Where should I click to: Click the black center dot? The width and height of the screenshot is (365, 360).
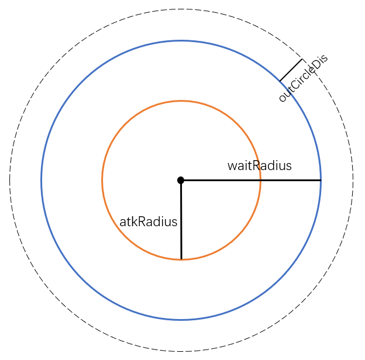click(x=181, y=180)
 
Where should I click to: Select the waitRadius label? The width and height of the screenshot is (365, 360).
click(x=259, y=166)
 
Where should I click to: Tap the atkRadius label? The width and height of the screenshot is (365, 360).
click(x=148, y=222)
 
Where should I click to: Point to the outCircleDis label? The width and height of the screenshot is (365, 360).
click(x=303, y=78)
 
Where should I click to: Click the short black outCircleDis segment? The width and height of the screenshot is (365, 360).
click(x=291, y=70)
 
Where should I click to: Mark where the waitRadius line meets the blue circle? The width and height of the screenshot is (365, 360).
click(x=321, y=180)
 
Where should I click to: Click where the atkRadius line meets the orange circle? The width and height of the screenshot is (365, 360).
click(x=181, y=259)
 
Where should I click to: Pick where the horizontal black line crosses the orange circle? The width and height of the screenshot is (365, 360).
click(x=260, y=180)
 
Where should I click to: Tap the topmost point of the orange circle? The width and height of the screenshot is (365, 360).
click(x=181, y=101)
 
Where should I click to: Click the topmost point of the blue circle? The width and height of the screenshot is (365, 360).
click(x=181, y=40)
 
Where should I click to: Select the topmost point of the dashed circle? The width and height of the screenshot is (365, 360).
click(x=181, y=9)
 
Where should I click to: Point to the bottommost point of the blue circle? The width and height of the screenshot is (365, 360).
click(x=181, y=320)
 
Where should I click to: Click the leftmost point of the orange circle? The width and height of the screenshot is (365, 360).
click(x=102, y=180)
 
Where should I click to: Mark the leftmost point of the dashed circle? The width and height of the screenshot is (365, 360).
click(x=10, y=180)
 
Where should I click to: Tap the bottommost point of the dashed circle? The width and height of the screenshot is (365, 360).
click(x=181, y=351)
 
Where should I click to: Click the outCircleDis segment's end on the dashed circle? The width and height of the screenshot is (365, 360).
click(x=302, y=59)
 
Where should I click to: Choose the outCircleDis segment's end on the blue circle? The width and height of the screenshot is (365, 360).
click(x=280, y=81)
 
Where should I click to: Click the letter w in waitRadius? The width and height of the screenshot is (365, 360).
click(x=232, y=166)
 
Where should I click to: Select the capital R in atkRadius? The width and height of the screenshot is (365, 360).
click(x=142, y=222)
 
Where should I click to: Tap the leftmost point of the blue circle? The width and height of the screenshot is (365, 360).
click(x=42, y=180)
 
